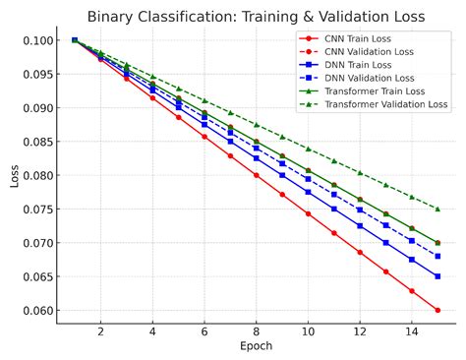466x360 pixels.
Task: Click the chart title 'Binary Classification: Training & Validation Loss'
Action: click(x=255, y=16)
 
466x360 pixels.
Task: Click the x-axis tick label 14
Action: click(x=412, y=333)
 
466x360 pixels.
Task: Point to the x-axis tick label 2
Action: click(x=100, y=333)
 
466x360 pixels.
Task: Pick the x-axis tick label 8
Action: click(x=257, y=333)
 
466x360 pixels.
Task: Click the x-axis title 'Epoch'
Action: click(x=256, y=347)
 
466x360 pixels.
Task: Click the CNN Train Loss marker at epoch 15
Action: click(x=437, y=310)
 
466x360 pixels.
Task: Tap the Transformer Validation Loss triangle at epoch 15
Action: click(x=437, y=209)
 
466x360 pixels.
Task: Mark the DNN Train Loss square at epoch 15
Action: click(x=437, y=276)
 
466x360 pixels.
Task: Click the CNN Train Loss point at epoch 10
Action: click(x=308, y=213)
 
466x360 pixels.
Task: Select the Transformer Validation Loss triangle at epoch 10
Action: click(x=308, y=149)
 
